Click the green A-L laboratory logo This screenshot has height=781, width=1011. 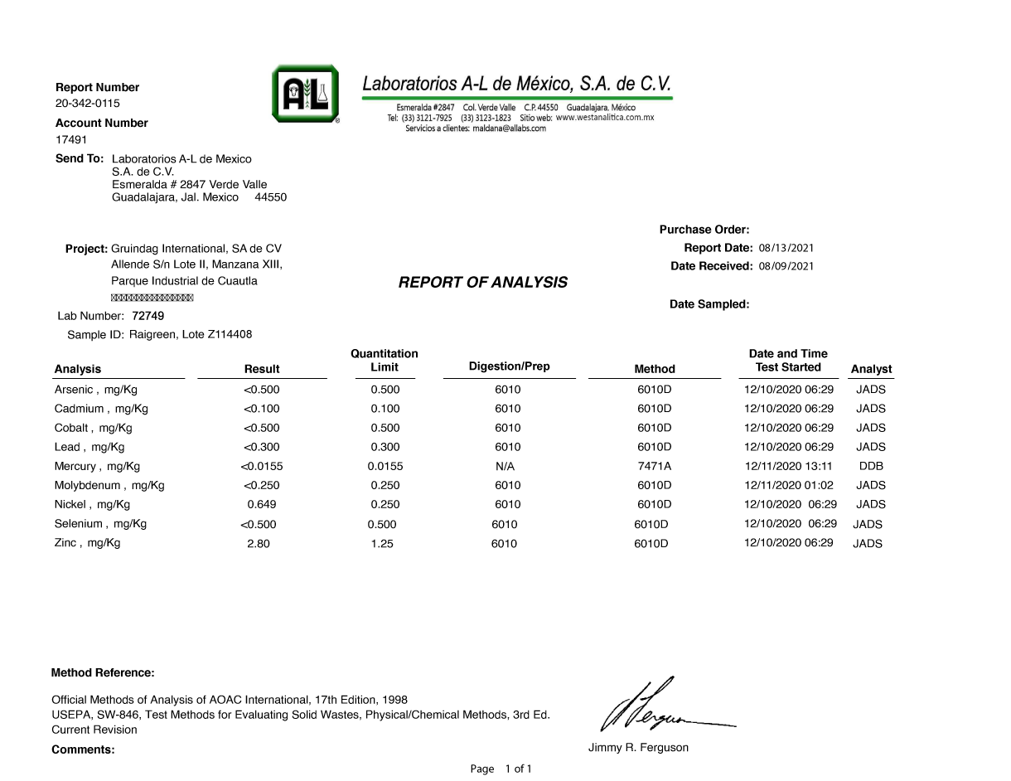305,94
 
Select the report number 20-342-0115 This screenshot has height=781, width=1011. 88,104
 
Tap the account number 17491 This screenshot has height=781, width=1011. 71,139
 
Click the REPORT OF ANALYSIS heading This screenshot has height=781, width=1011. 483,283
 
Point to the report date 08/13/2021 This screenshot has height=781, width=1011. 786,248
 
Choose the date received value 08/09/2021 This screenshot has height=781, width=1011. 786,266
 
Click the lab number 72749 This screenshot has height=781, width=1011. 148,316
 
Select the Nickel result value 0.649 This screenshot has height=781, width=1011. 262,505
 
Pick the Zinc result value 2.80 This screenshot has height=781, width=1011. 259,544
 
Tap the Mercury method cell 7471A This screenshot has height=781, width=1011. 654,467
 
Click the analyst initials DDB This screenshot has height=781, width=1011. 871,467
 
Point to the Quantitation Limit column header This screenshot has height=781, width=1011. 385,361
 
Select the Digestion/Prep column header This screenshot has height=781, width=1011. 509,366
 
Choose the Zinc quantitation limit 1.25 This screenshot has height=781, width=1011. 382,544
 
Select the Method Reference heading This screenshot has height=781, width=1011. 103,672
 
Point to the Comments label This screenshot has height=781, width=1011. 83,749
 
